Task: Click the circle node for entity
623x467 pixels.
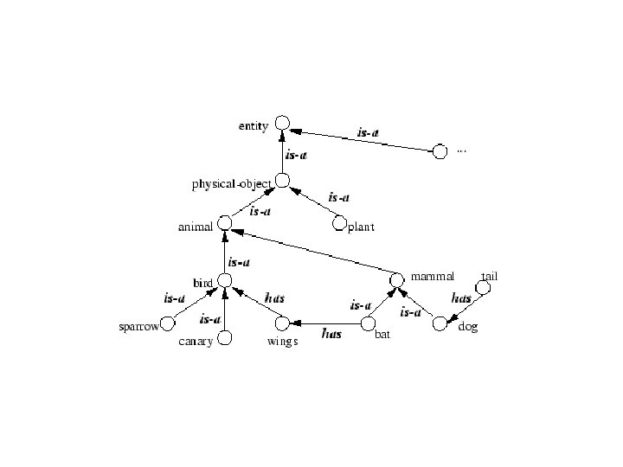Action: click(281, 125)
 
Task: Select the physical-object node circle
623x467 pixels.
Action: click(282, 182)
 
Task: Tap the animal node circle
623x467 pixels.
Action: click(225, 224)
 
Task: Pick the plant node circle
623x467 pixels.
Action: click(339, 224)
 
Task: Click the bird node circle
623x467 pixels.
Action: click(224, 280)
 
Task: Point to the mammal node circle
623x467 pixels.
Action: click(396, 280)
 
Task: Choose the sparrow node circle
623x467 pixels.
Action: click(168, 323)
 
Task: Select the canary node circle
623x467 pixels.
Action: click(224, 338)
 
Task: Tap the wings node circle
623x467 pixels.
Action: click(282, 323)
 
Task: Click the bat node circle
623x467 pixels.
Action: click(368, 325)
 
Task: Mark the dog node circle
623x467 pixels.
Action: click(440, 323)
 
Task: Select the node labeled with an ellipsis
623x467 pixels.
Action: click(440, 152)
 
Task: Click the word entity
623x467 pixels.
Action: click(254, 126)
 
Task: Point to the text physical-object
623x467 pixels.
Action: click(232, 184)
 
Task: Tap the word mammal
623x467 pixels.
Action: click(432, 277)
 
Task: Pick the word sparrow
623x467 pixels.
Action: click(138, 328)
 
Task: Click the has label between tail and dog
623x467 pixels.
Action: click(462, 298)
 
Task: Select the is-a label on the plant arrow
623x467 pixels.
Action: click(339, 198)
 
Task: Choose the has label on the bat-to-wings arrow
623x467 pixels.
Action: click(331, 333)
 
